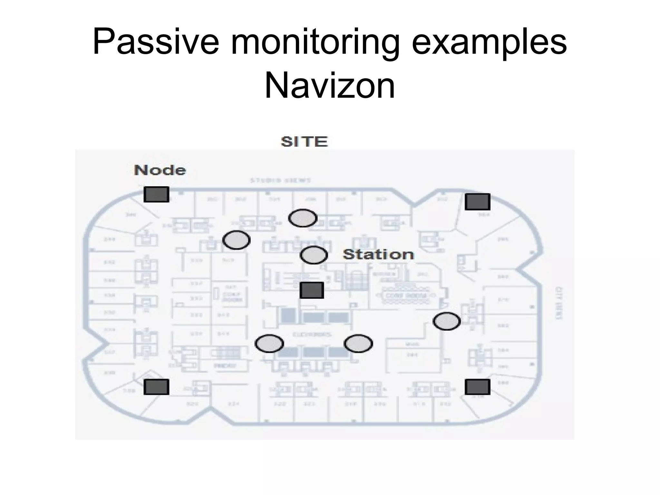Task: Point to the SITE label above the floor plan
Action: (x=304, y=142)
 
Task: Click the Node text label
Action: (x=160, y=170)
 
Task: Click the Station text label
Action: (x=378, y=255)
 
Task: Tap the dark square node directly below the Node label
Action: (x=156, y=194)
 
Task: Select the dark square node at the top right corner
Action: (x=477, y=202)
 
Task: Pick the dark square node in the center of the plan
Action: (x=312, y=290)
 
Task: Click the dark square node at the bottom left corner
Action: (x=156, y=387)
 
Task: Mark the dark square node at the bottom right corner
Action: (x=477, y=387)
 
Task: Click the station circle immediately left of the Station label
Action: (x=314, y=255)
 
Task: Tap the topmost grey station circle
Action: (x=303, y=218)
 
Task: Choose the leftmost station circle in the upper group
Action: (x=236, y=240)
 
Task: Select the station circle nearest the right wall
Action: (x=446, y=321)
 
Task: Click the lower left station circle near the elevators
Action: (x=269, y=344)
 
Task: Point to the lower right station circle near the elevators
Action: (x=358, y=344)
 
